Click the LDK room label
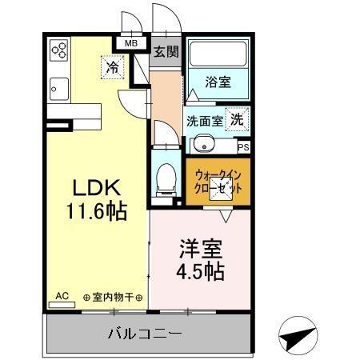(97, 189)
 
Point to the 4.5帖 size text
(196, 270)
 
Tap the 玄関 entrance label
(166, 53)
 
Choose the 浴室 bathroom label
(217, 82)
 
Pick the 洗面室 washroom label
(205, 122)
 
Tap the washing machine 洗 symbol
(238, 119)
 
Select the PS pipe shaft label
(243, 147)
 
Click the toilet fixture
(166, 177)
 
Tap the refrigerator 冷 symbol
(114, 68)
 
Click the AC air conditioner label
(62, 296)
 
